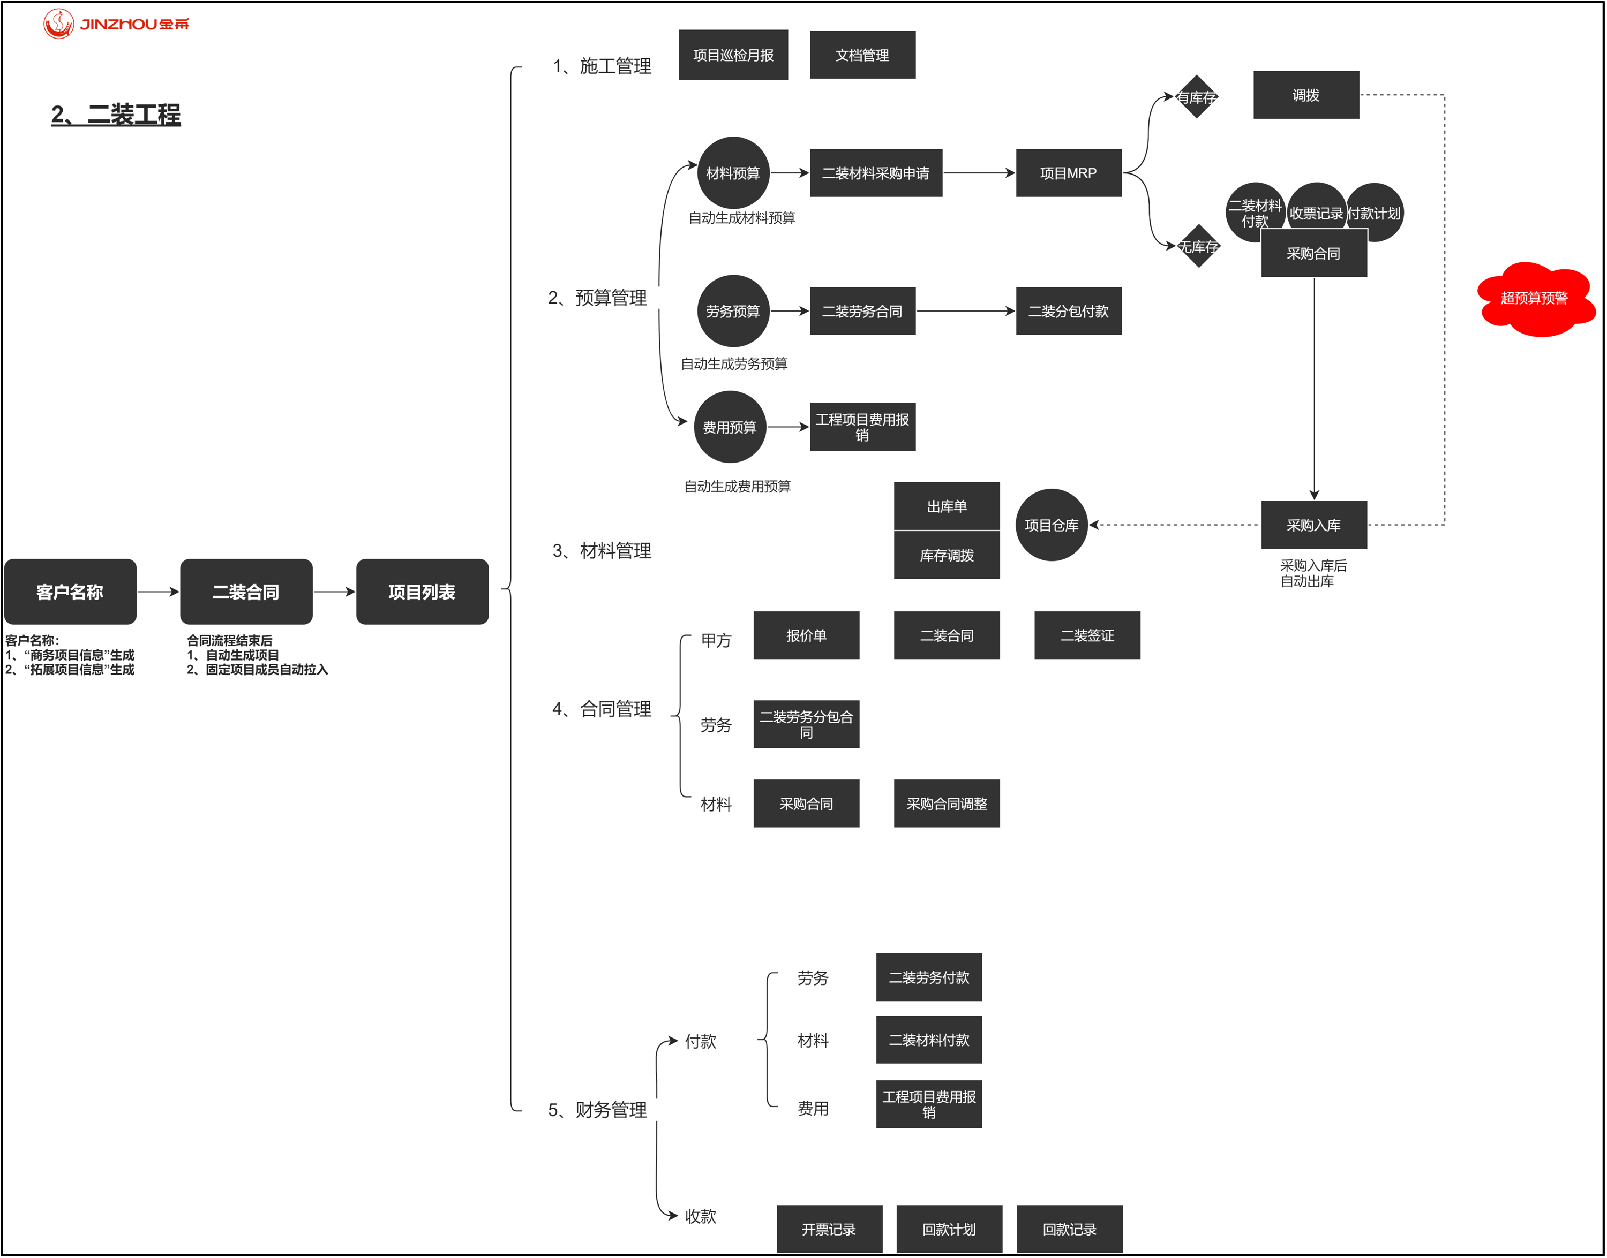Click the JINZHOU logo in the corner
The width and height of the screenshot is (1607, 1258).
116,24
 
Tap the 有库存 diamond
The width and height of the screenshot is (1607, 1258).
1197,96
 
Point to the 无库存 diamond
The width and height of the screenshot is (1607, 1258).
1199,247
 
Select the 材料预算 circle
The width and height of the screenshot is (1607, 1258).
733,173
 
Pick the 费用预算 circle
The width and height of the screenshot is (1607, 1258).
730,427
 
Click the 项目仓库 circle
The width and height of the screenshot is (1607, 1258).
1052,525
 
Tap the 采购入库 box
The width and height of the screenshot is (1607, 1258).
1314,525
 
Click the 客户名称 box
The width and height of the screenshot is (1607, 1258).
70,592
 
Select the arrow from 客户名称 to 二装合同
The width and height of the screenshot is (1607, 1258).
157,592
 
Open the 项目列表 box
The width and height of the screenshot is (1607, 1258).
422,592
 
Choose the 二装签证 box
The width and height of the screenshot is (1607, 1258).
1087,635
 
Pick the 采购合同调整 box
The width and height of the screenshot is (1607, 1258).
947,804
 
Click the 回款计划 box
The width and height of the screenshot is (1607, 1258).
949,1229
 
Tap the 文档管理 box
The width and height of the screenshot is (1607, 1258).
863,55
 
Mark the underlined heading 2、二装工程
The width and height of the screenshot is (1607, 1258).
116,115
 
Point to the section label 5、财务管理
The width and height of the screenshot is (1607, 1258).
598,1110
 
